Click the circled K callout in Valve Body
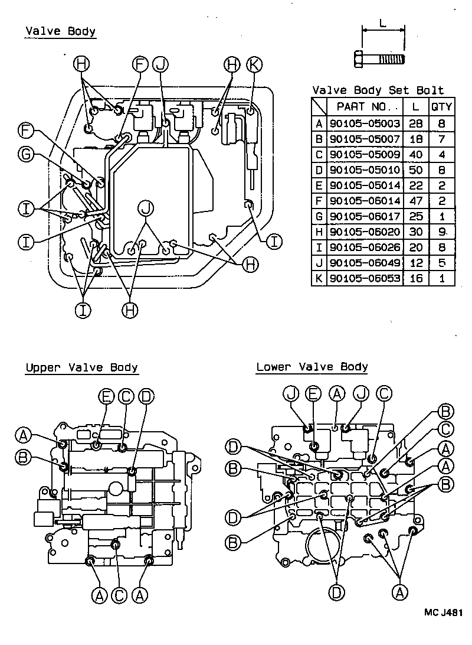[254, 65]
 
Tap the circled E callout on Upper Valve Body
[106, 396]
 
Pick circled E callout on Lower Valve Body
[313, 393]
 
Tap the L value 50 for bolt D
[416, 170]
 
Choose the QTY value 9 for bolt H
[441, 232]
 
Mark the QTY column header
[441, 107]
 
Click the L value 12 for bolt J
[416, 262]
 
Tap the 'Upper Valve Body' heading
[81, 368]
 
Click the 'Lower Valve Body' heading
[312, 367]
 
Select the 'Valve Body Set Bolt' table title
[378, 90]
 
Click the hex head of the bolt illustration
[359, 59]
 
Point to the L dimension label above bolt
[383, 24]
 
